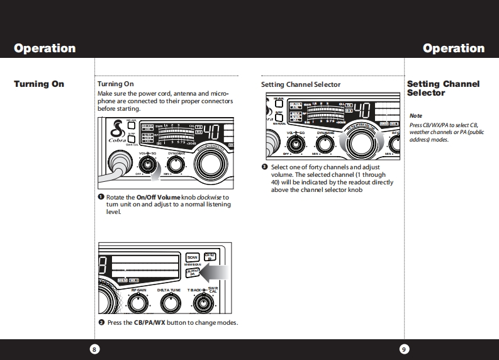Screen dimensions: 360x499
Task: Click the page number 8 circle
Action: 94,349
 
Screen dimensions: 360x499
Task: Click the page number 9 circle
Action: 405,349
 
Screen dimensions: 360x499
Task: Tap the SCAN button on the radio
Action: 193,257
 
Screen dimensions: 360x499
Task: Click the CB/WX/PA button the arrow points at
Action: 193,272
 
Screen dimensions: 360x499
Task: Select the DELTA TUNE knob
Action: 169,303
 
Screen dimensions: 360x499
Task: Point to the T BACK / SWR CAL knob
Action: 203,303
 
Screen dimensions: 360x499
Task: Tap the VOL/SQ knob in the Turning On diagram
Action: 147,165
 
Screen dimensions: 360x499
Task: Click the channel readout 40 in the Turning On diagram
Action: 212,133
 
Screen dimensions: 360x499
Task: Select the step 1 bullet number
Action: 101,197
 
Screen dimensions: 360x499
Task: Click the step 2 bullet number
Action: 101,322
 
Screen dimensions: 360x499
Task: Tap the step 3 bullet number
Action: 265,167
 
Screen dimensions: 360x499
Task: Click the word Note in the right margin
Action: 416,116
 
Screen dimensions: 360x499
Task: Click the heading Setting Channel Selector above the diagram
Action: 301,84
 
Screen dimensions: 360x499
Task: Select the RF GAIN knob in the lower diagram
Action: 138,303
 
